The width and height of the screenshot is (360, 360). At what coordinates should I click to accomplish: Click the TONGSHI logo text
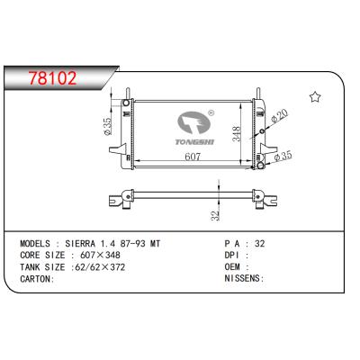click(187, 142)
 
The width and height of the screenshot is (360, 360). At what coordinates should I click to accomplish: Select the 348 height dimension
click(235, 134)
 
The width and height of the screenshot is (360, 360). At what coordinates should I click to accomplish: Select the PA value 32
click(261, 245)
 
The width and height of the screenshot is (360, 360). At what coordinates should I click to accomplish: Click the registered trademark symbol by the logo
click(210, 114)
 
